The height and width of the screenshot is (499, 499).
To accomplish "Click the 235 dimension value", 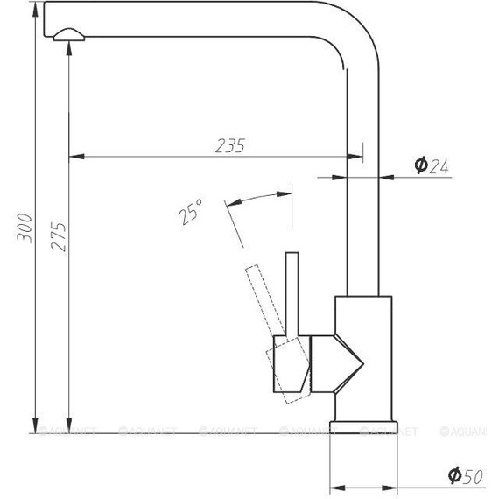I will point(229,146).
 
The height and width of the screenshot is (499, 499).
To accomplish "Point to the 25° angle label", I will point(189,212).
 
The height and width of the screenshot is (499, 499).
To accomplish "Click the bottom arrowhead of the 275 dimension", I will point(68,425).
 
